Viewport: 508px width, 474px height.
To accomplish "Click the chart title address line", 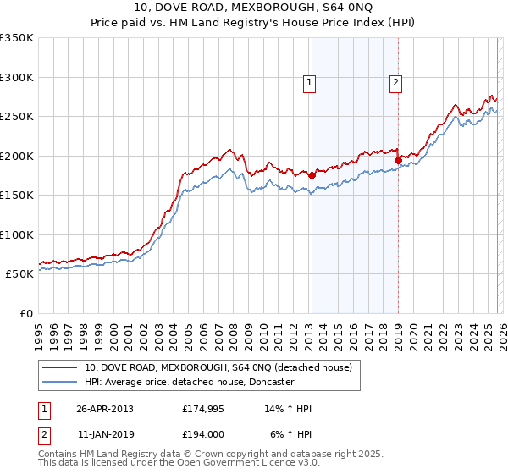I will click(253, 8).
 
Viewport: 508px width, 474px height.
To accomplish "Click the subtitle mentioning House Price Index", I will click(253, 22).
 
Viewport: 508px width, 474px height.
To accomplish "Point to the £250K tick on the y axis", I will click(17, 116).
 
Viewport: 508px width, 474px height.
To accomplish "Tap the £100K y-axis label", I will click(17, 234).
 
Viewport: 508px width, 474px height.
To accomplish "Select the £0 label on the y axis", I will click(26, 313).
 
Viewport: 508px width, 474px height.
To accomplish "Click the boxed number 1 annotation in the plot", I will click(310, 82).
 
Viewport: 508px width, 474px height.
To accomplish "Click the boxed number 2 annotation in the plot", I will click(395, 82).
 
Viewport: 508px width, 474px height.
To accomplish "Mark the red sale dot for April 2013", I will click(312, 176).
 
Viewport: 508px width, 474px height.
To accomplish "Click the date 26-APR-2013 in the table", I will click(105, 409).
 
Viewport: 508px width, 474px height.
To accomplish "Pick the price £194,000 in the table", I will click(203, 433).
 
